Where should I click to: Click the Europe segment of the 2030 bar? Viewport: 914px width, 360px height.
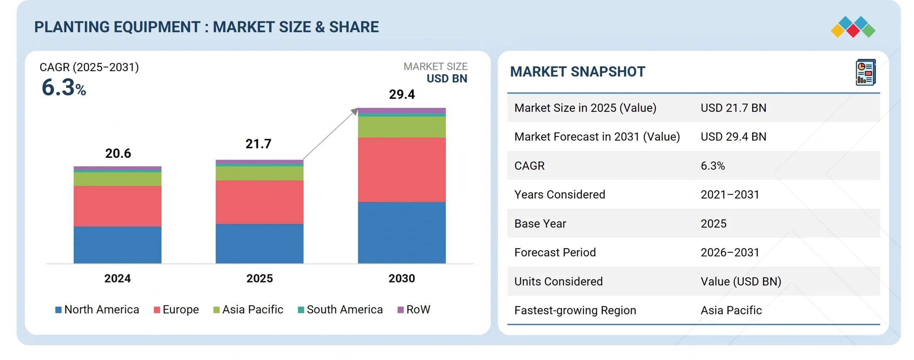[x=402, y=170]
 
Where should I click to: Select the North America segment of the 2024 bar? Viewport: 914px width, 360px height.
[x=117, y=245]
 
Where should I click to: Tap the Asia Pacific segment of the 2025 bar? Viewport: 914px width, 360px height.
[x=260, y=173]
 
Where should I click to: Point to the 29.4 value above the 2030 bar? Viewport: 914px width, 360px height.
[x=402, y=94]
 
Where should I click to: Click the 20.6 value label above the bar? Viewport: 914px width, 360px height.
[x=118, y=153]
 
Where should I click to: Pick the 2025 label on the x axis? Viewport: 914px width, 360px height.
[x=260, y=279]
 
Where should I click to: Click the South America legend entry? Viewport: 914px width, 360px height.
[x=340, y=309]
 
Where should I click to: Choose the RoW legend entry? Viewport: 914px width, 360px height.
[x=414, y=309]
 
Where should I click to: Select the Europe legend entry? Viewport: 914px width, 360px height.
[x=176, y=309]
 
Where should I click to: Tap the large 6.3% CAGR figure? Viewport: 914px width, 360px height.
[x=64, y=87]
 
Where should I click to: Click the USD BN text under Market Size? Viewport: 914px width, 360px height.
[x=447, y=79]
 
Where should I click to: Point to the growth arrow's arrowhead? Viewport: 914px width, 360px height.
[x=355, y=111]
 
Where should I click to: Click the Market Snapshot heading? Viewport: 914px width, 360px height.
[x=578, y=72]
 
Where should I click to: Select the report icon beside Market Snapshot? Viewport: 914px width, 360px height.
[x=866, y=72]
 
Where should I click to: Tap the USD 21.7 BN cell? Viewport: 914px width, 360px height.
[x=733, y=108]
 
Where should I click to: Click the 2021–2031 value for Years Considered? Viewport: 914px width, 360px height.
[x=730, y=195]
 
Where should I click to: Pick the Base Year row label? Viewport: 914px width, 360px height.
[x=540, y=224]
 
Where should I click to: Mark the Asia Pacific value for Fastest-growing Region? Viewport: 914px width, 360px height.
[x=731, y=310]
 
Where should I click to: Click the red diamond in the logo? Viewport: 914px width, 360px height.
[x=853, y=30]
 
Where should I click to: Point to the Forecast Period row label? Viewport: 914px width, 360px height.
[x=555, y=252]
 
